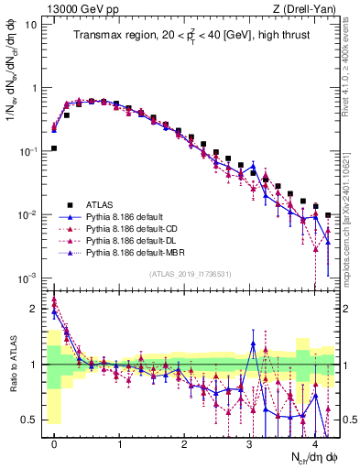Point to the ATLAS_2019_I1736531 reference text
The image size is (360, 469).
point(190,274)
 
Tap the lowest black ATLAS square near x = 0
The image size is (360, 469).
point(55,147)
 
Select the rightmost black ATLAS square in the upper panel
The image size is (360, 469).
point(328,215)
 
